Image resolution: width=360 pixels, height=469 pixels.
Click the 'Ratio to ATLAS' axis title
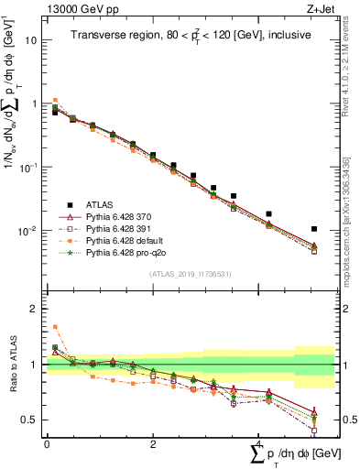[12, 365]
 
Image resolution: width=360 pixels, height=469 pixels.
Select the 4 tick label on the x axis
[258, 443]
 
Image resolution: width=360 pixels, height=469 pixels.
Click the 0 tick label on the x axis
[47, 443]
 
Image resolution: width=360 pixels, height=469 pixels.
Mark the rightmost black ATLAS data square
[314, 229]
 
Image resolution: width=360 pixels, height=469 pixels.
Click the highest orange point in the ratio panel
[54, 326]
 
